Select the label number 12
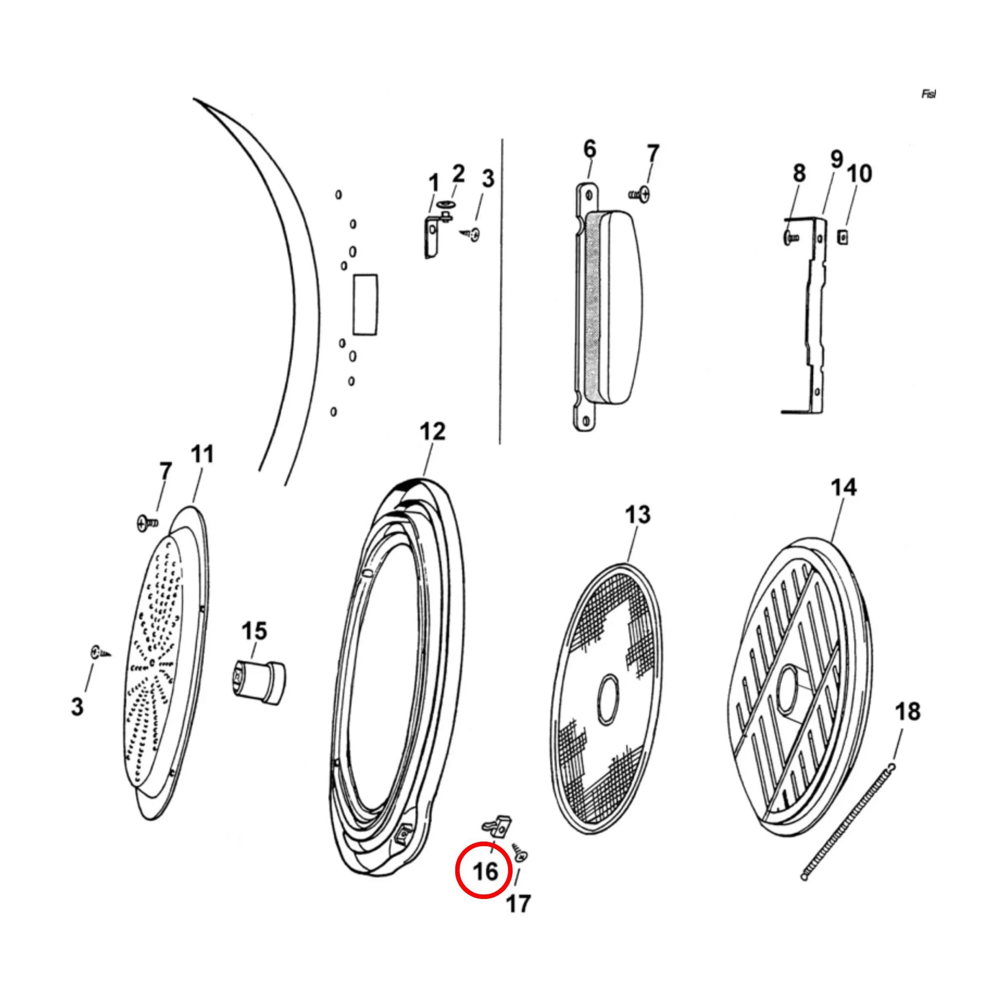(432, 432)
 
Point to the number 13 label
(638, 515)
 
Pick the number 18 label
(908, 712)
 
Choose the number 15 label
(254, 631)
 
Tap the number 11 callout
(202, 454)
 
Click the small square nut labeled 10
(842, 237)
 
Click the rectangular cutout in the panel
(365, 305)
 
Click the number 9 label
(837, 159)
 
